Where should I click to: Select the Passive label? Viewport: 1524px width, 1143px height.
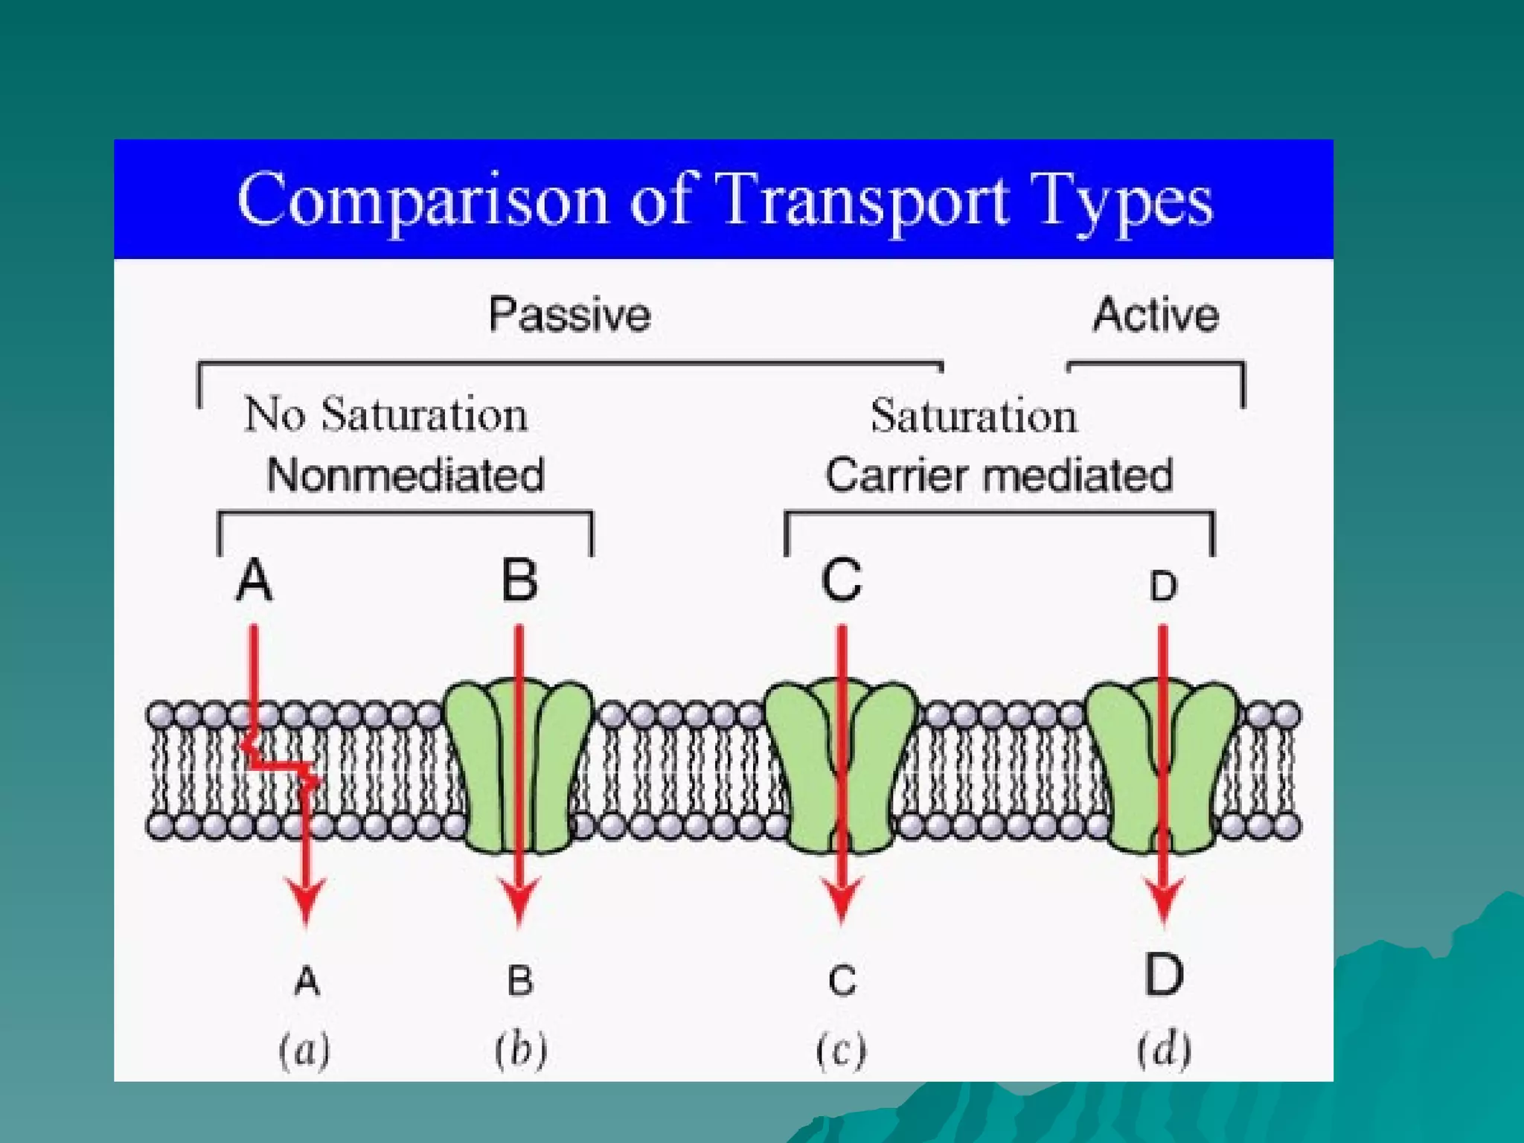pyautogui.click(x=569, y=315)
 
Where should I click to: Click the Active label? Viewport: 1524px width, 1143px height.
pyautogui.click(x=1156, y=315)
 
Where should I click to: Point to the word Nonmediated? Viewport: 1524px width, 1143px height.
pyautogui.click(x=406, y=475)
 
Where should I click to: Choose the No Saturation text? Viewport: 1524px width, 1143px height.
pyautogui.click(x=386, y=414)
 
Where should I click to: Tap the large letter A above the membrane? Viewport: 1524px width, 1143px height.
pyautogui.click(x=254, y=580)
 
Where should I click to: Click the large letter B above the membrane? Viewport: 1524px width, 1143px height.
pyautogui.click(x=519, y=580)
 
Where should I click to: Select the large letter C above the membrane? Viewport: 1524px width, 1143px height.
pyautogui.click(x=842, y=580)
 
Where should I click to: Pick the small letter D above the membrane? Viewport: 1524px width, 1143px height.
pyautogui.click(x=1163, y=586)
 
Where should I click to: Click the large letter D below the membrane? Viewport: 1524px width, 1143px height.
pyautogui.click(x=1164, y=975)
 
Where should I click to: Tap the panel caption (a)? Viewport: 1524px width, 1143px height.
pyautogui.click(x=304, y=1051)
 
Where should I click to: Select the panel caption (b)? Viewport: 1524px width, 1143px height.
pyautogui.click(x=521, y=1051)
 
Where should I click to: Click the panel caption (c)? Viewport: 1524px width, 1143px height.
pyautogui.click(x=842, y=1051)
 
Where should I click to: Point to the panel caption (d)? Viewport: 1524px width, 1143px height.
pyautogui.click(x=1164, y=1051)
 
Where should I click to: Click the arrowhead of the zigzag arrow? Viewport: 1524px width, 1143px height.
pyautogui.click(x=306, y=900)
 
